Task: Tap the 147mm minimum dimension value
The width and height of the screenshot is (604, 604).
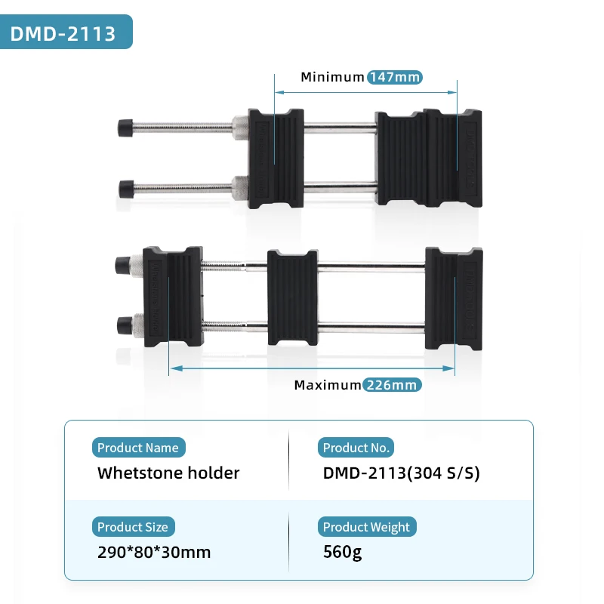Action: pyautogui.click(x=394, y=77)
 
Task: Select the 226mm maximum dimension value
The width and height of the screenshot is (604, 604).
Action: pyautogui.click(x=391, y=384)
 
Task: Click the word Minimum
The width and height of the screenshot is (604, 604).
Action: pyautogui.click(x=332, y=77)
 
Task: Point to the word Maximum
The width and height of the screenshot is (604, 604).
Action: pyautogui.click(x=328, y=384)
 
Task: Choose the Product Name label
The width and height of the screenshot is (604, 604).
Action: pyautogui.click(x=138, y=448)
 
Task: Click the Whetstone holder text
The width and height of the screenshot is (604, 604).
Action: pyautogui.click(x=168, y=473)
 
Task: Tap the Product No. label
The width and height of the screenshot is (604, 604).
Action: pyautogui.click(x=356, y=448)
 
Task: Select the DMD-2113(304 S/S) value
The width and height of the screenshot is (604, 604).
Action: pyautogui.click(x=401, y=473)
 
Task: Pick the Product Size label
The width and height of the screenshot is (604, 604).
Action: pyautogui.click(x=133, y=527)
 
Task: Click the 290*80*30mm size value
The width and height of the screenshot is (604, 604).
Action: pyautogui.click(x=154, y=552)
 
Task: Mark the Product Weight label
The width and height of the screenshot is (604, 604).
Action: pyautogui.click(x=366, y=527)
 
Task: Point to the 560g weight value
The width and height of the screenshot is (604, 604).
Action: pyautogui.click(x=342, y=552)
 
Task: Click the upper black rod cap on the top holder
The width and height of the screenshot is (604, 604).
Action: pyautogui.click(x=125, y=127)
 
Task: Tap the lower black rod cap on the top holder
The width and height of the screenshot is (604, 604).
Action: pyautogui.click(x=125, y=186)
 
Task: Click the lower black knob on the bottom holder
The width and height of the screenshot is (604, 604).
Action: pyautogui.click(x=122, y=326)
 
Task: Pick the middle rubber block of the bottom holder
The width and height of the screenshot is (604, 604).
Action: pyautogui.click(x=292, y=297)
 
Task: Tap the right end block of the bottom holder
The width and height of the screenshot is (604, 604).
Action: pyautogui.click(x=453, y=298)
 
